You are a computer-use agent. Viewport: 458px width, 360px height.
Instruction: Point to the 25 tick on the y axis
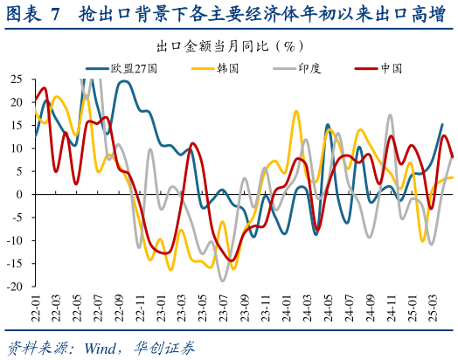click(x=16, y=79)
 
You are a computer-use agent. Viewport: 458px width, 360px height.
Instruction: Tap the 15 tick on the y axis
click(x=16, y=125)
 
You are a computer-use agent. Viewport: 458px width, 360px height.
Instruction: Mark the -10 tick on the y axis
click(x=15, y=240)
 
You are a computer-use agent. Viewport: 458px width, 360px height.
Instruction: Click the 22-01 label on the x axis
click(x=35, y=308)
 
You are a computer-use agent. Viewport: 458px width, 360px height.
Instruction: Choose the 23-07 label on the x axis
click(x=224, y=308)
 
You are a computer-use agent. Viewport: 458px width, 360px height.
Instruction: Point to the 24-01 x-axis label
click(x=287, y=308)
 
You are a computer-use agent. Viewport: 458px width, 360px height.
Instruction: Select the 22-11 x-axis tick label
click(x=140, y=308)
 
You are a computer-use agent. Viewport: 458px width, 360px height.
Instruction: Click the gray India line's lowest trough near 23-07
click(x=223, y=280)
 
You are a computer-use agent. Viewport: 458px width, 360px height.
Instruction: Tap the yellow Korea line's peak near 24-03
click(x=296, y=112)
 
